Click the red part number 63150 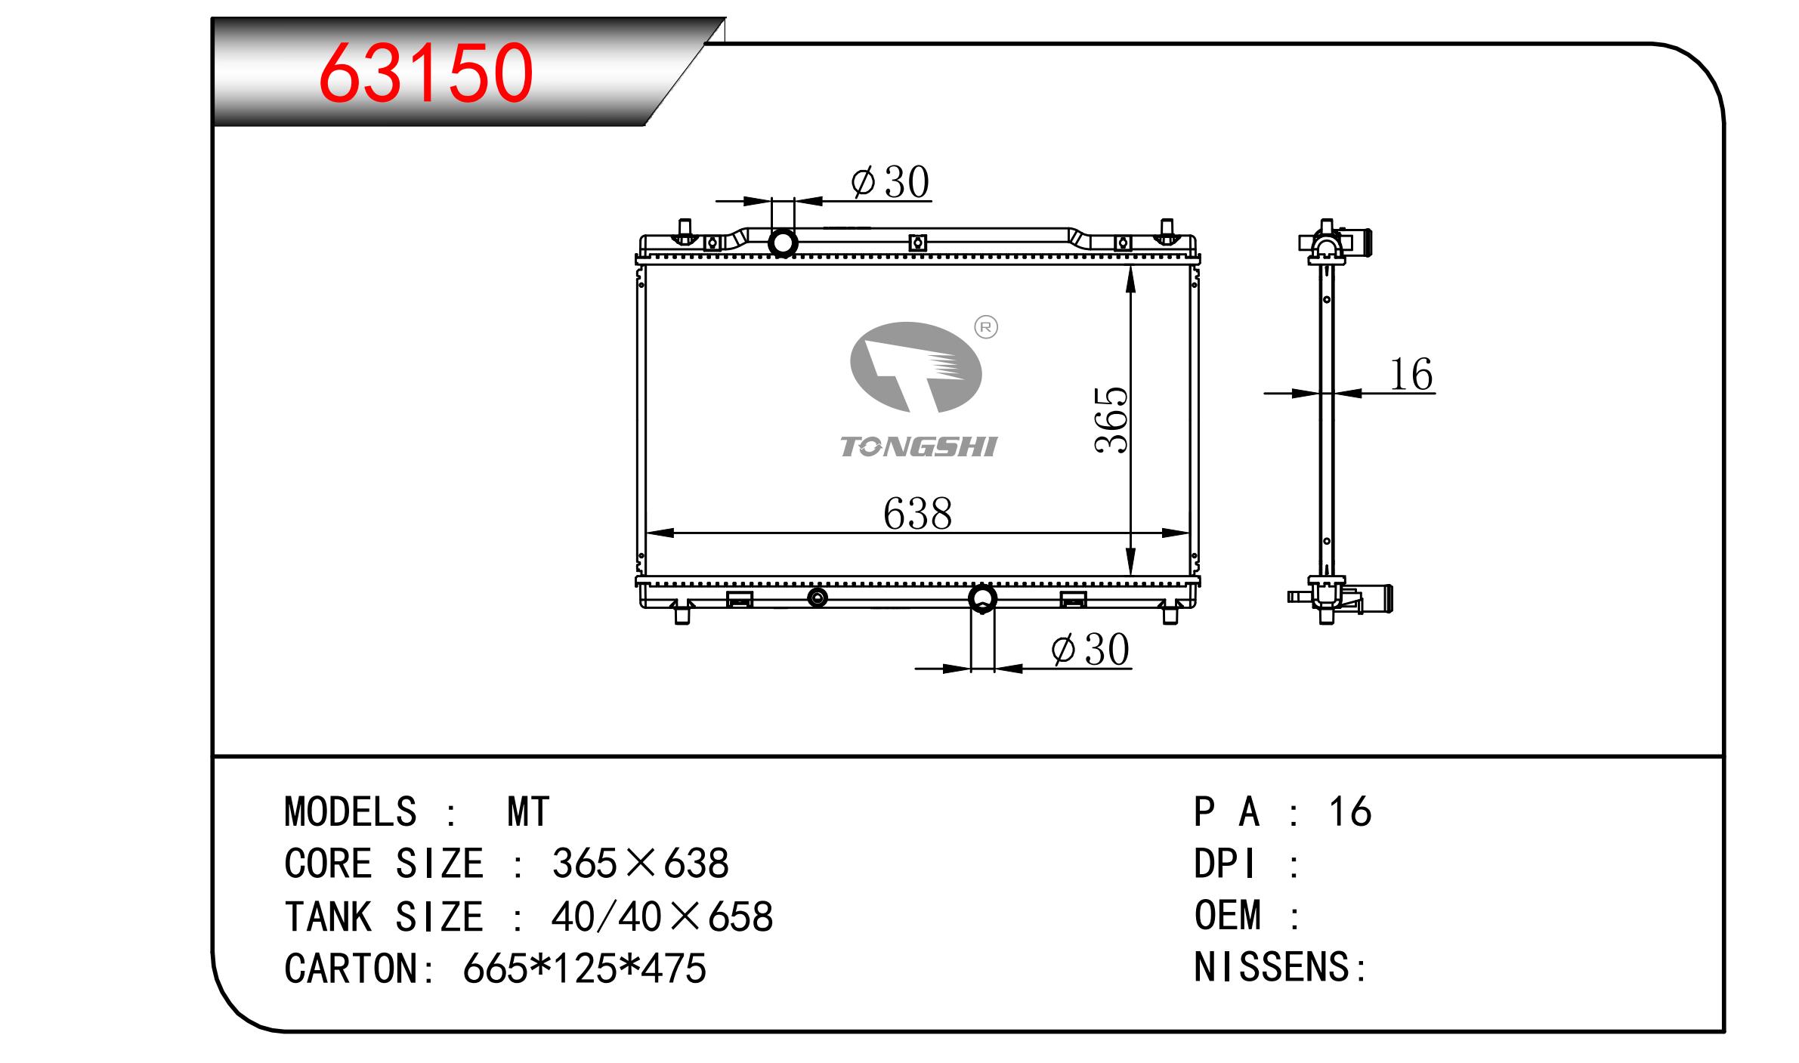tap(426, 73)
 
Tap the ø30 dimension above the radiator tap(890, 182)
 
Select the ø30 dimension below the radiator tap(1090, 649)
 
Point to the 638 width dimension tap(917, 514)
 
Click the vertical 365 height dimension tap(1111, 420)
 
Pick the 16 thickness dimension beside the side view tap(1411, 375)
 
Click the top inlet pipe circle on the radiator tap(783, 243)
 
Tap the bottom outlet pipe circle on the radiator tap(982, 598)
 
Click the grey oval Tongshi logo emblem tap(916, 367)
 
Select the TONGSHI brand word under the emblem tap(919, 447)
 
